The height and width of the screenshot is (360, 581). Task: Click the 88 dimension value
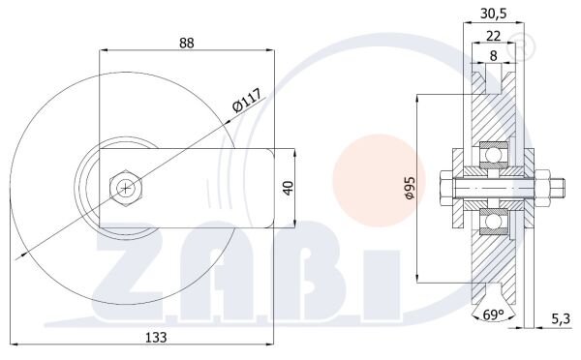(186, 43)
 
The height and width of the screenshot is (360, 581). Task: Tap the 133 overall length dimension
(156, 337)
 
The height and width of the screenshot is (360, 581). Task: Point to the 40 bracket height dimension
(289, 188)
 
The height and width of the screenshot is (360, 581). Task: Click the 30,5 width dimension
(493, 14)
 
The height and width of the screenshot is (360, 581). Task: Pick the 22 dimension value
(493, 36)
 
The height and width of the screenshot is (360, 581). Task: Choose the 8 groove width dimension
(493, 56)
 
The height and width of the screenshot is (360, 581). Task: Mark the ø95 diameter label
(410, 188)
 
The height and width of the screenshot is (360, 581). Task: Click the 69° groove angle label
(494, 315)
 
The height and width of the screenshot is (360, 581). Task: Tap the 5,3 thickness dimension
(561, 318)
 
